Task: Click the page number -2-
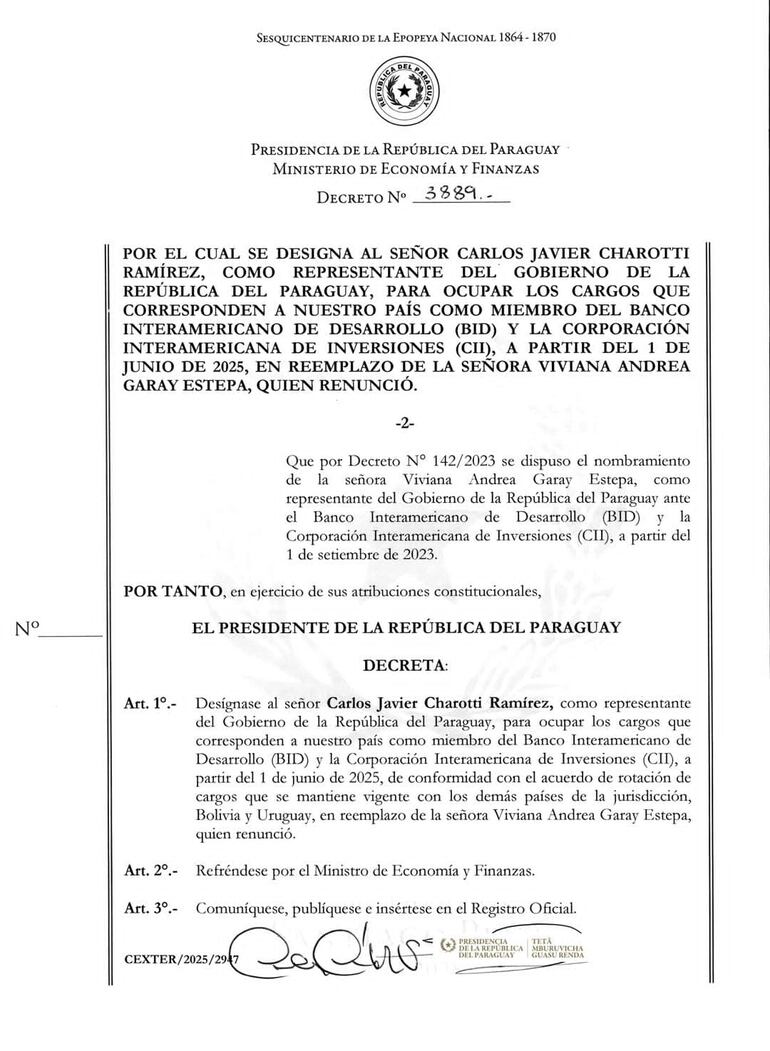[x=404, y=423]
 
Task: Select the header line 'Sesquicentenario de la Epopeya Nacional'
[x=406, y=38]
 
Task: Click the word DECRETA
[x=405, y=665]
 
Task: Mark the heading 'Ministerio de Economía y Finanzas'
[x=405, y=169]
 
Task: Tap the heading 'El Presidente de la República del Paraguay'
[x=405, y=627]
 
